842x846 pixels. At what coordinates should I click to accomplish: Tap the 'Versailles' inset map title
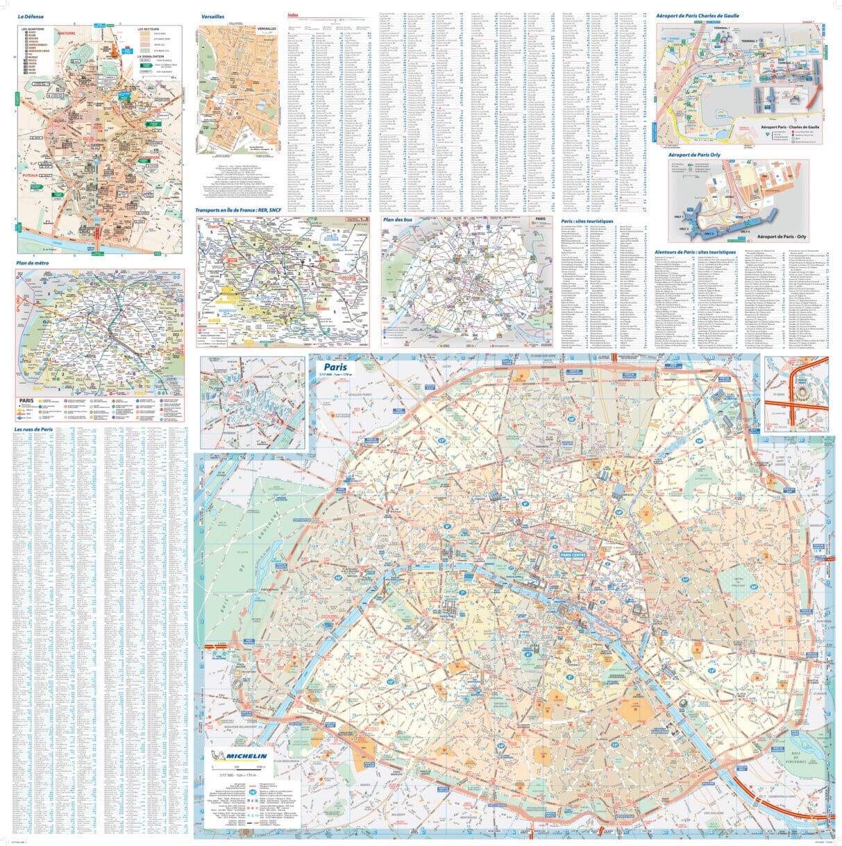click(x=212, y=15)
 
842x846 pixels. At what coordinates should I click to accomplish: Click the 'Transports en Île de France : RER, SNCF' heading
click(x=239, y=210)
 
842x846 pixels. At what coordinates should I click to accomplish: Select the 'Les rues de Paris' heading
click(x=33, y=429)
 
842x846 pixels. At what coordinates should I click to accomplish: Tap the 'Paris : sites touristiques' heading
click(x=587, y=221)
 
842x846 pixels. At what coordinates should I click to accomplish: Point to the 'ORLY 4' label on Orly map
click(x=746, y=230)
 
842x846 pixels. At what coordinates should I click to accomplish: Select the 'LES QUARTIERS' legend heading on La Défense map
click(x=33, y=29)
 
